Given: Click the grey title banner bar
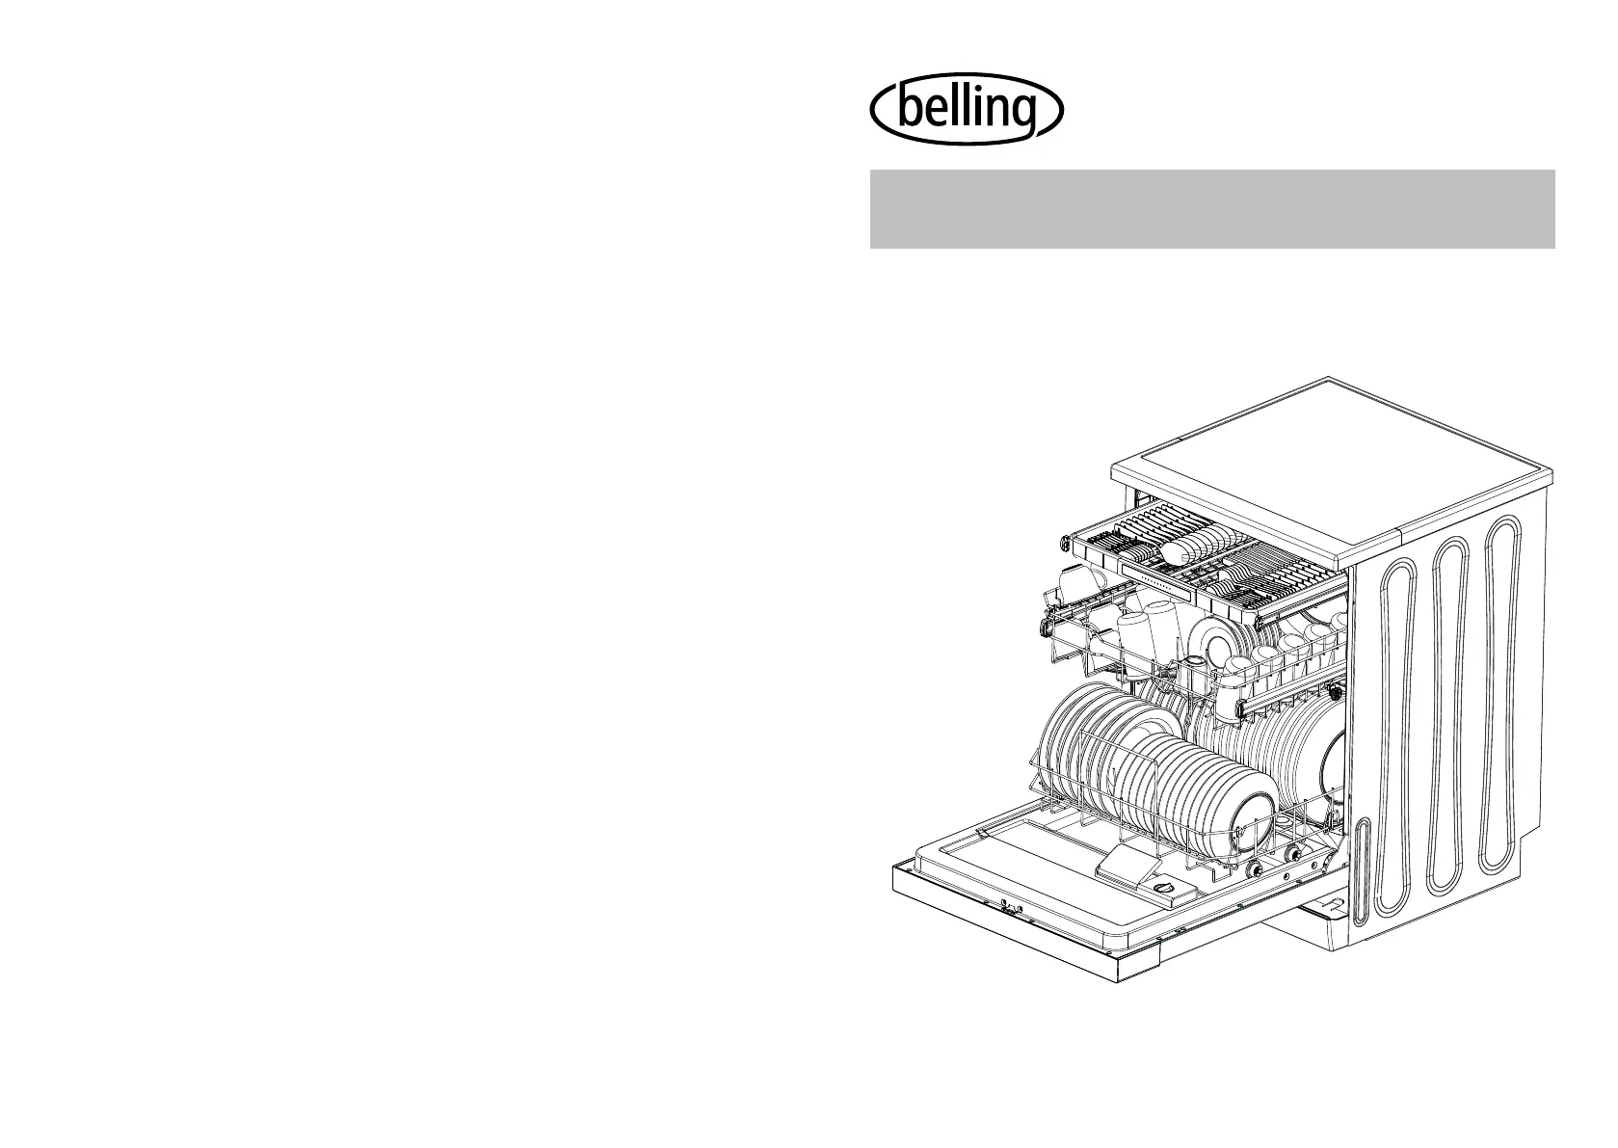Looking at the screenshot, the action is [x=1212, y=209].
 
